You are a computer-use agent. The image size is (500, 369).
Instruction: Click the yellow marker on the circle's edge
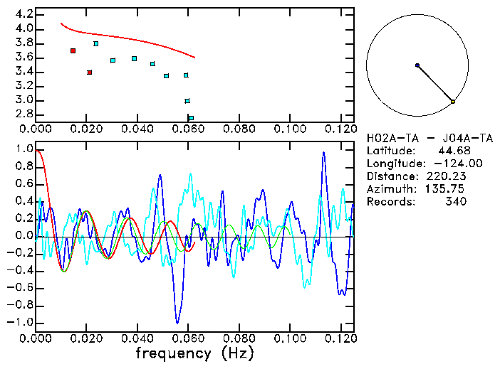[453, 102]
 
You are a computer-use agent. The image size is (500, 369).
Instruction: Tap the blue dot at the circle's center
[417, 65]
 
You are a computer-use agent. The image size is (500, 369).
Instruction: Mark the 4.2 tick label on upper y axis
[24, 14]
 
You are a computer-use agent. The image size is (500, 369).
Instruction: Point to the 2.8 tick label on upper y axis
[24, 114]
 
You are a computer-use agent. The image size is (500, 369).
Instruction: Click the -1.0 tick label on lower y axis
[22, 322]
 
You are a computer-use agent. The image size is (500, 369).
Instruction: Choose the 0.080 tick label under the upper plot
[239, 129]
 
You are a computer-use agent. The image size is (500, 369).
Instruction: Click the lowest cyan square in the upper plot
[191, 118]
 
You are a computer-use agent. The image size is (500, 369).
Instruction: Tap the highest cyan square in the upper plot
[96, 44]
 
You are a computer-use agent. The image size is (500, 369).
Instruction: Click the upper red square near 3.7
[73, 51]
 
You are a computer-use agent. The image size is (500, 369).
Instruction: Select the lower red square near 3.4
[89, 72]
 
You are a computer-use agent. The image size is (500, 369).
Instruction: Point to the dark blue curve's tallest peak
[324, 152]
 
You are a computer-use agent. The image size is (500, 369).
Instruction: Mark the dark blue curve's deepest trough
[177, 323]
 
